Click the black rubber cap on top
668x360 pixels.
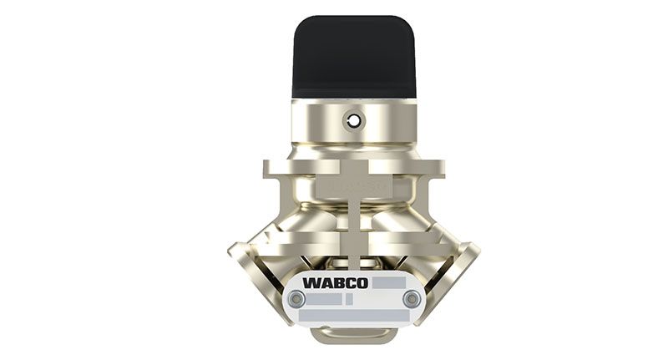pos(353,58)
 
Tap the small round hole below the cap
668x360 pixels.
pos(353,122)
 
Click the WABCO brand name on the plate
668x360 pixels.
pos(336,283)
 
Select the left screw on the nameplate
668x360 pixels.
pos(296,300)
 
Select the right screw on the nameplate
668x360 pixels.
pos(412,300)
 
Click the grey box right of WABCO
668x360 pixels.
pos(389,283)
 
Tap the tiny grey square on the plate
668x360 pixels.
pos(349,300)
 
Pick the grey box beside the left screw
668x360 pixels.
pos(324,300)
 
